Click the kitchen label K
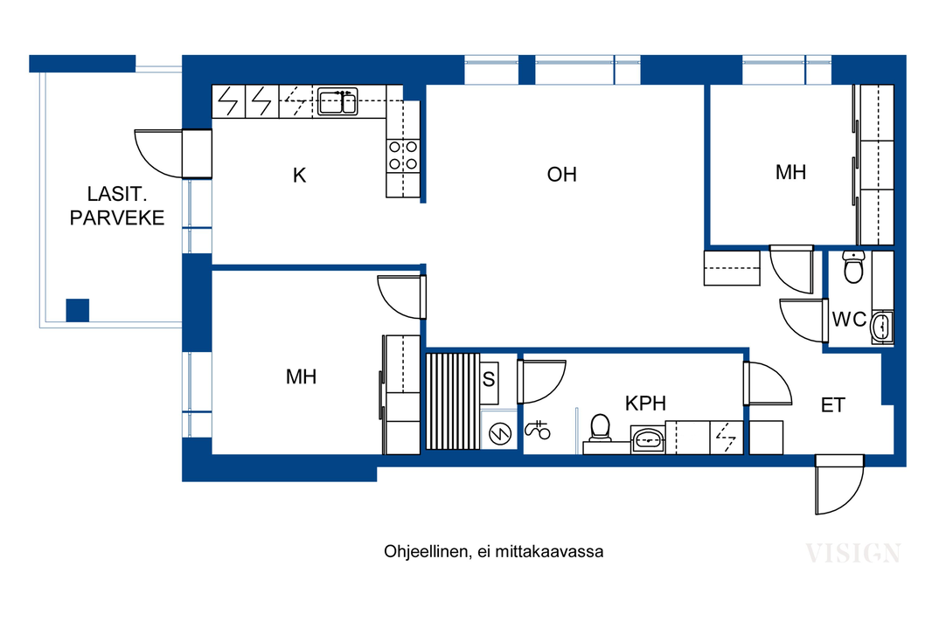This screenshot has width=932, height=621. point(300,176)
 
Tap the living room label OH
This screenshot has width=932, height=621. point(561,174)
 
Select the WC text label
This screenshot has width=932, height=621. point(849,320)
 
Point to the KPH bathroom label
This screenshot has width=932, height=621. point(645,404)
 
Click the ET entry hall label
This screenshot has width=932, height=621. point(832,405)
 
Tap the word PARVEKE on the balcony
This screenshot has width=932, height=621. point(117,217)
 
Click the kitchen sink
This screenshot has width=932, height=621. point(337,101)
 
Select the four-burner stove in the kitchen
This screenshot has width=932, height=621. point(403,155)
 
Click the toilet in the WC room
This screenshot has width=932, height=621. point(853,267)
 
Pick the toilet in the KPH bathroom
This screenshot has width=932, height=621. point(601,428)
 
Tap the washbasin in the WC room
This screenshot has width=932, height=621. point(881,326)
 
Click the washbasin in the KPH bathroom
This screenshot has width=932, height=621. point(648,440)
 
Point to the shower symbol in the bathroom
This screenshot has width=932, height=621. point(538,430)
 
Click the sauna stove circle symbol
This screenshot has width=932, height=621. point(500,434)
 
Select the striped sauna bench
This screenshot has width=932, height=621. point(453,401)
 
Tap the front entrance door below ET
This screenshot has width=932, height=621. point(838,484)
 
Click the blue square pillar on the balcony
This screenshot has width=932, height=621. point(77,311)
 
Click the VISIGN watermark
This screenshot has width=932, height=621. point(853,553)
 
